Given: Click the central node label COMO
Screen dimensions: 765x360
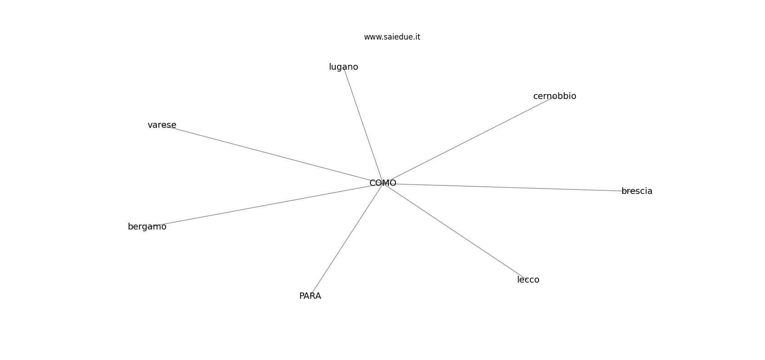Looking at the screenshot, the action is (383, 183).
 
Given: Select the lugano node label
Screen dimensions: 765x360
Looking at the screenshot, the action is (343, 67).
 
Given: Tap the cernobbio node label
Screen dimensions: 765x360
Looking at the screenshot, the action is (554, 96).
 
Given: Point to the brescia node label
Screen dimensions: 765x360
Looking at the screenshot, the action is (637, 191).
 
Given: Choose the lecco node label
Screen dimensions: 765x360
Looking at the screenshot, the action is (528, 280).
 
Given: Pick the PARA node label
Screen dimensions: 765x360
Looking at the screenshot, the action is (310, 296).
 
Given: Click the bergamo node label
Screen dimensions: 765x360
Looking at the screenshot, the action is (147, 227).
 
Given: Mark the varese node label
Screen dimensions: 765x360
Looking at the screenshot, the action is (162, 125).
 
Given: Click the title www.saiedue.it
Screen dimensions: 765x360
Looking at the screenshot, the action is (392, 37).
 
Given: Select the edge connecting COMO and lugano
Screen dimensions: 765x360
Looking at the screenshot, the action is (363, 125).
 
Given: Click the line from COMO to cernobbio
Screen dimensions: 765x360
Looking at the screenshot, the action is (468, 139).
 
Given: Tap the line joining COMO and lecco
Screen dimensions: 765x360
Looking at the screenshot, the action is (455, 232).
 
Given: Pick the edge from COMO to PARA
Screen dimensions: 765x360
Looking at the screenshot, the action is (346, 239).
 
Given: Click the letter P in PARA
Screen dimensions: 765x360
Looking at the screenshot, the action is (302, 296).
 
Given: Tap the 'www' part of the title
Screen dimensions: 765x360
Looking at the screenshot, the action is (372, 37).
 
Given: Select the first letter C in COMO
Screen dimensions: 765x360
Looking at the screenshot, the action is (373, 183).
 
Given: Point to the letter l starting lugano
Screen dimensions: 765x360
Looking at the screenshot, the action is (330, 67).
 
